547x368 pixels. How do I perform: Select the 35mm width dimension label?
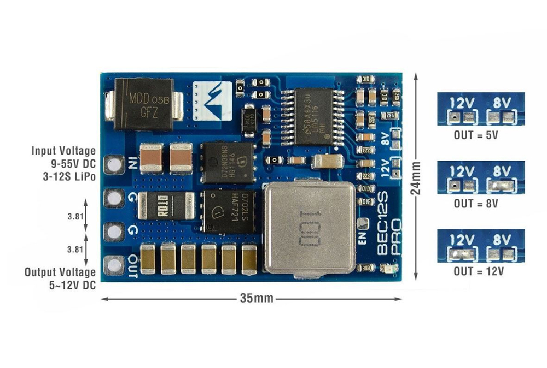pyautogui.click(x=252, y=299)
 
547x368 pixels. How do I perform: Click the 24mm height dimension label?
pyautogui.click(x=418, y=176)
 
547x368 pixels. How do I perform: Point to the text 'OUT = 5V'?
pyautogui.click(x=476, y=134)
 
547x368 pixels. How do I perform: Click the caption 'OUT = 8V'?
pyautogui.click(x=476, y=203)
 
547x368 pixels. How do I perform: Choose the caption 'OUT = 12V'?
pyautogui.click(x=476, y=271)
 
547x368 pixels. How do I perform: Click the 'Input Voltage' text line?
pyautogui.click(x=63, y=151)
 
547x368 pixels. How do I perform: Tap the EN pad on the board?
pyautogui.click(x=363, y=224)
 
